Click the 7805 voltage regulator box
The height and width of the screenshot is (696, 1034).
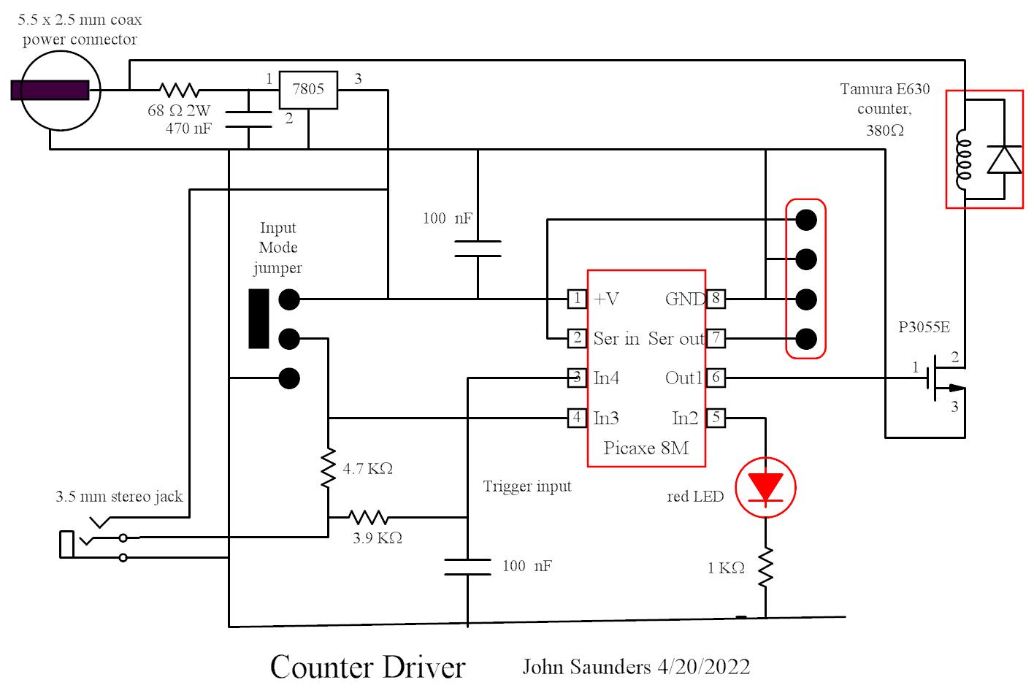pos(308,90)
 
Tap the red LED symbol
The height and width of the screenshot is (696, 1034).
pos(765,488)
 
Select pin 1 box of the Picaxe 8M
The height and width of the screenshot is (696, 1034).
pos(577,298)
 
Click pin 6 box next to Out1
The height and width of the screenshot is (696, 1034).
pos(716,378)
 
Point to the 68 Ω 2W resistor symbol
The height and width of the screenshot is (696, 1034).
pos(180,90)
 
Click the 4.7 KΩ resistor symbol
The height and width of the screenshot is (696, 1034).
pos(329,468)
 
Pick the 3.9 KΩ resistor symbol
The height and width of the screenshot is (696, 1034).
pos(368,517)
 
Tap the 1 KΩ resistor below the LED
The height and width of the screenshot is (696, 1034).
pos(765,567)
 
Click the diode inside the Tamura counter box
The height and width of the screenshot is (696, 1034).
pos(1004,160)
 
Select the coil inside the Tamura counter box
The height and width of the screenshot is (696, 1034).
pos(964,160)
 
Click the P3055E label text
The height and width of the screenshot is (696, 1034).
pos(924,326)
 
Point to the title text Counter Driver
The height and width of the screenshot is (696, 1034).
pos(367,667)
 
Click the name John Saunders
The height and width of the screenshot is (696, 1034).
pos(586,667)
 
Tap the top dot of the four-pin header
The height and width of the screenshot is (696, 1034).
pos(806,219)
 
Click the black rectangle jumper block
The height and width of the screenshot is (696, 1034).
pos(258,319)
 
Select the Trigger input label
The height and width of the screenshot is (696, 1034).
pos(526,486)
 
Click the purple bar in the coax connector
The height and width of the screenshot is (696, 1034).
pos(50,90)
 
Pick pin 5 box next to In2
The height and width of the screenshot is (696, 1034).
pos(716,418)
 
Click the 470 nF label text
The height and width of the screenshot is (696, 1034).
pos(188,129)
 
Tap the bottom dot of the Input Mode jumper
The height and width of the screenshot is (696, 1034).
pos(289,378)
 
